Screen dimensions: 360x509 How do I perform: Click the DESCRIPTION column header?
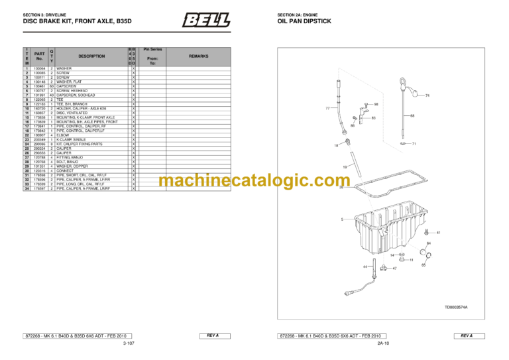[x=91, y=56]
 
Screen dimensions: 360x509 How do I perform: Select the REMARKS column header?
[x=198, y=56]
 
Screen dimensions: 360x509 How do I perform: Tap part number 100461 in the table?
[x=39, y=86]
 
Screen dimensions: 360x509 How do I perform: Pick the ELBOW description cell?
[x=64, y=135]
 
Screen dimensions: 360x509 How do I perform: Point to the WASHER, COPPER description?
[x=71, y=166]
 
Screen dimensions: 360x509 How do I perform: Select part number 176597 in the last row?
[x=39, y=188]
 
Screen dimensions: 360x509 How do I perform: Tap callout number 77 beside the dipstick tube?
[x=328, y=107]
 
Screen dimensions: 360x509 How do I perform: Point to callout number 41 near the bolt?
[x=438, y=233]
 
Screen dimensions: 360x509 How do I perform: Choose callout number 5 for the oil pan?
[x=342, y=219]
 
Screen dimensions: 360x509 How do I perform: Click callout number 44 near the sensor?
[x=365, y=267]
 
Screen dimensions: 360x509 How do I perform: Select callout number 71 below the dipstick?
[x=414, y=143]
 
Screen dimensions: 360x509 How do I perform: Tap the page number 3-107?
[x=129, y=344]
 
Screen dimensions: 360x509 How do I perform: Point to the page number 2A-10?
[x=382, y=344]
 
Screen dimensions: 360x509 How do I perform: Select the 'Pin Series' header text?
[x=152, y=49]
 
